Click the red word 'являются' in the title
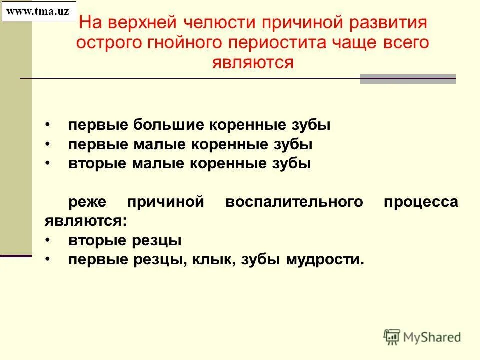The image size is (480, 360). point(252,62)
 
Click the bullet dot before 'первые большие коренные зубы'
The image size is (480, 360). point(47,124)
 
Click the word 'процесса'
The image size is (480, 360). point(421,202)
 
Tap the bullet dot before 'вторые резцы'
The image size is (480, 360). point(47,241)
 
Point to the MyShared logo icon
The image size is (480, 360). point(392,336)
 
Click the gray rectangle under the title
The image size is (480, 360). point(408,79)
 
